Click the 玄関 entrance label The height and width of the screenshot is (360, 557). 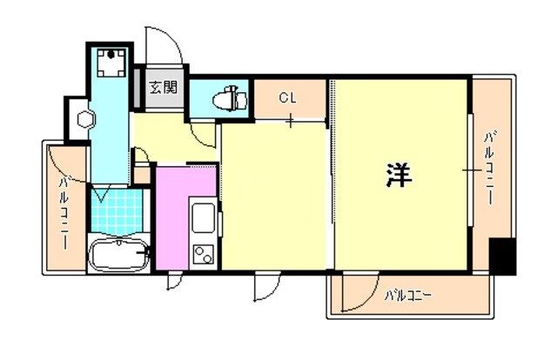163,87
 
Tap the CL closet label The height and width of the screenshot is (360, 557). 287,97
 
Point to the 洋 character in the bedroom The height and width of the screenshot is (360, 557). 399,176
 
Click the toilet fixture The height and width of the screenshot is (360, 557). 230,98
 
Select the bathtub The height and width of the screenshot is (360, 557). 118,254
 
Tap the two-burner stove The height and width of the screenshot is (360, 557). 203,255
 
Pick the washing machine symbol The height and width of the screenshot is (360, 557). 111,63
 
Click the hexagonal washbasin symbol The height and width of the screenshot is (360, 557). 86,120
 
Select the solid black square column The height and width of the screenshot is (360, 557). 502,256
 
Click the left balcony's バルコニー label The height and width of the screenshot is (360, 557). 64,213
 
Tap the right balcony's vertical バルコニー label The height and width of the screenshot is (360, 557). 490,168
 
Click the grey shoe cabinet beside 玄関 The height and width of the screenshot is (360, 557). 137,87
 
